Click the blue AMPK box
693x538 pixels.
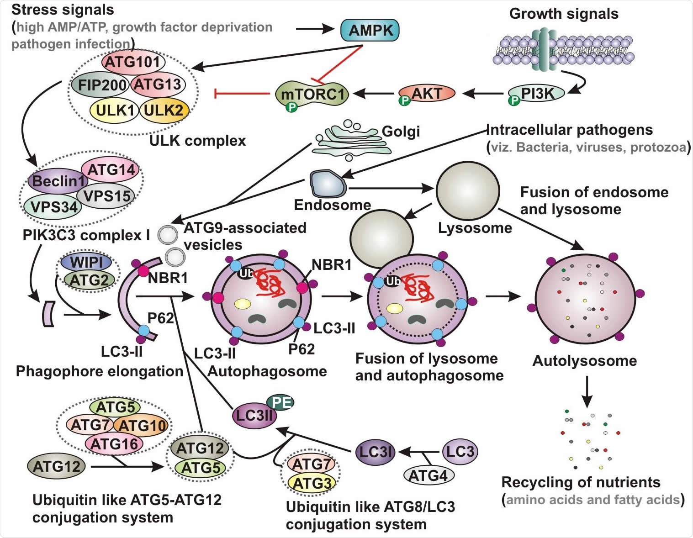pyautogui.click(x=370, y=31)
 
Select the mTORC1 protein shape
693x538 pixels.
pyautogui.click(x=312, y=94)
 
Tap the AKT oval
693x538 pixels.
pyautogui.click(x=428, y=93)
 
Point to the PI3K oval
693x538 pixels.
pyautogui.click(x=537, y=93)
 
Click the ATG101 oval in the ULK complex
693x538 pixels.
pyautogui.click(x=133, y=62)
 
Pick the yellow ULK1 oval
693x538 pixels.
pyautogui.click(x=115, y=111)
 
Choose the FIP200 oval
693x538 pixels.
pyautogui.click(x=101, y=85)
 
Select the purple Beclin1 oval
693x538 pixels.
pyautogui.click(x=58, y=181)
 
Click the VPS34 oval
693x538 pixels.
pyautogui.click(x=53, y=207)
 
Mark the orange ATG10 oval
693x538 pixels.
pyautogui.click(x=142, y=426)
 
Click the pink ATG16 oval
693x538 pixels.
pyautogui.click(x=114, y=443)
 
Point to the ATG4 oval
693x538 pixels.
pyautogui.click(x=428, y=475)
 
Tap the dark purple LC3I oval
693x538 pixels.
pyautogui.click(x=376, y=452)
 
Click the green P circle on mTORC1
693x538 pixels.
pyautogui.click(x=291, y=107)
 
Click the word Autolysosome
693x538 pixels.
pyautogui.click(x=584, y=361)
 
